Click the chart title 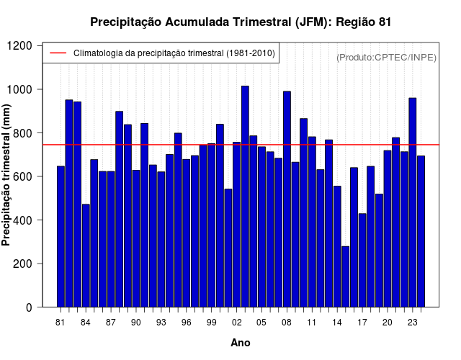[x=241, y=22]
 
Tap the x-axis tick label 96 [x=187, y=323]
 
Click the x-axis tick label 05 [x=261, y=323]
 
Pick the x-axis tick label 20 [x=388, y=323]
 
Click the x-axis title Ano [x=241, y=343]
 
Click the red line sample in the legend [x=57, y=53]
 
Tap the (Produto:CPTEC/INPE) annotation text [x=387, y=57]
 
